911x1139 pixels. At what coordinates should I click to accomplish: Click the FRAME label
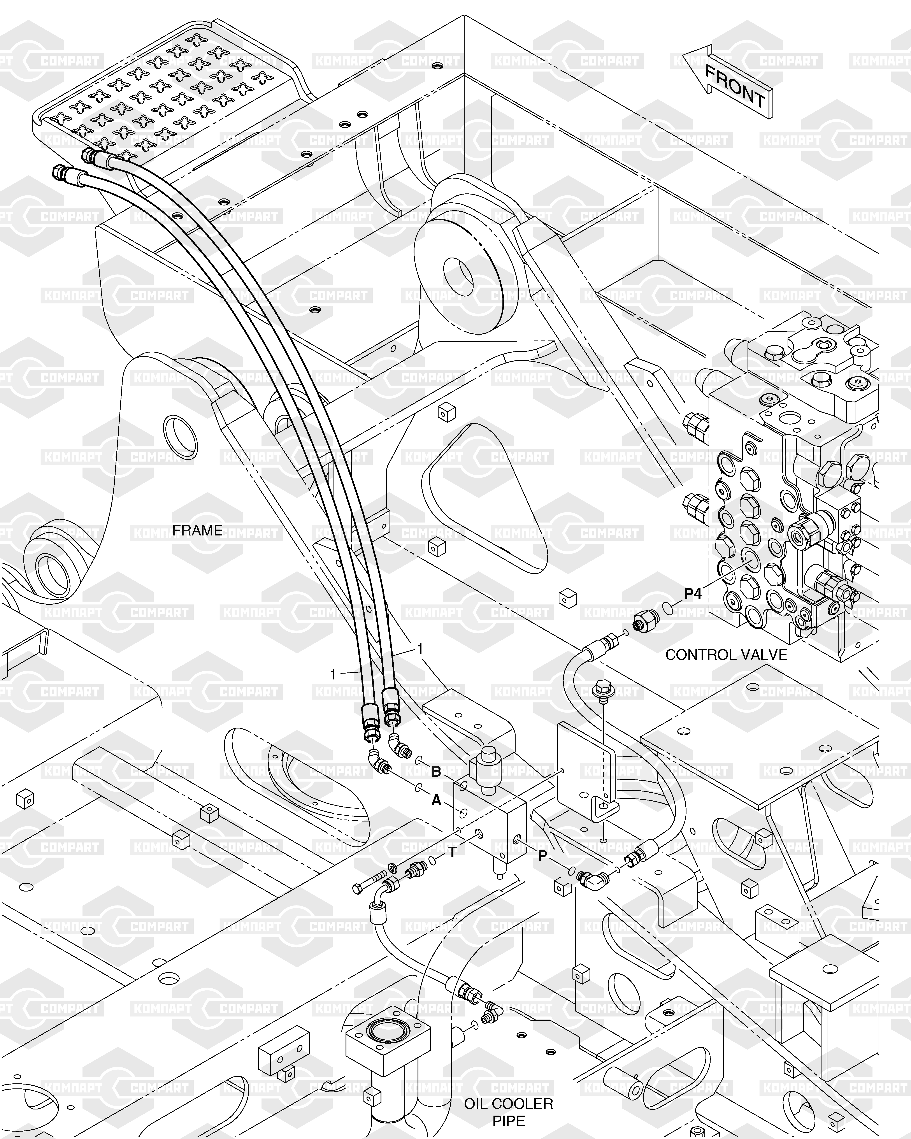pos(197,530)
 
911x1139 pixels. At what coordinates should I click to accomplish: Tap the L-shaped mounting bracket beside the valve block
pos(586,777)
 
